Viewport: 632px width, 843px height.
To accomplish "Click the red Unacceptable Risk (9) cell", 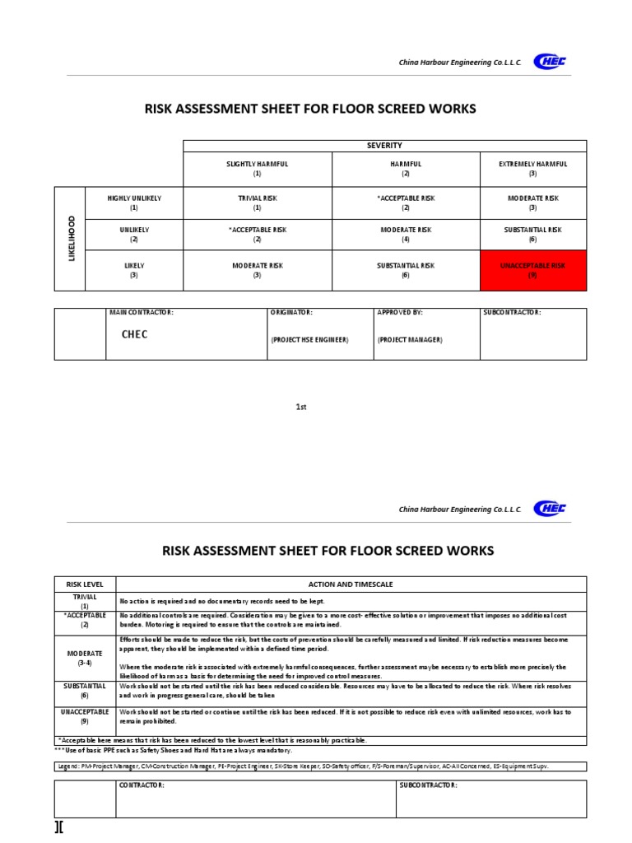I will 532,271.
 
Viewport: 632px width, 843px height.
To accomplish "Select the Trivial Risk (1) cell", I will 257,203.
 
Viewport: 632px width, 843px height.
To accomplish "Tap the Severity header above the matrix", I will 384,146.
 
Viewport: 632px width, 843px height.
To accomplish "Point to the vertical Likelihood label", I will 72,239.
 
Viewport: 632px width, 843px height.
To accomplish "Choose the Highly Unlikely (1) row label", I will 134,203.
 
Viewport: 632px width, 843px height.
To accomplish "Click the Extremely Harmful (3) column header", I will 532,169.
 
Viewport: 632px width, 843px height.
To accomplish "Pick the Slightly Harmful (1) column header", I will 257,169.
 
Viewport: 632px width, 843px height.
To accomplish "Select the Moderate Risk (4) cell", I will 405,235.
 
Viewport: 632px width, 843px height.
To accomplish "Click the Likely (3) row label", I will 134,271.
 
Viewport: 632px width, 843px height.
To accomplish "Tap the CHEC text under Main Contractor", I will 136,335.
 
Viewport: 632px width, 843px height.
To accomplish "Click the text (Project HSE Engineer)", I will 309,339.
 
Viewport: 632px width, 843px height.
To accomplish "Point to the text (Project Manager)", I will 410,339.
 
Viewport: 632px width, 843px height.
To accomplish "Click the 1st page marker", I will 301,407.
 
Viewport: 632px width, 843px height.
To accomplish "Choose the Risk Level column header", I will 85,584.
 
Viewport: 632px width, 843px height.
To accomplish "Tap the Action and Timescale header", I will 351,584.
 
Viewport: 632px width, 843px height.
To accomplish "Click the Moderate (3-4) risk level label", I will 85,657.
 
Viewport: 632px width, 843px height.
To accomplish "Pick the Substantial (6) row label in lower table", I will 85,690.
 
